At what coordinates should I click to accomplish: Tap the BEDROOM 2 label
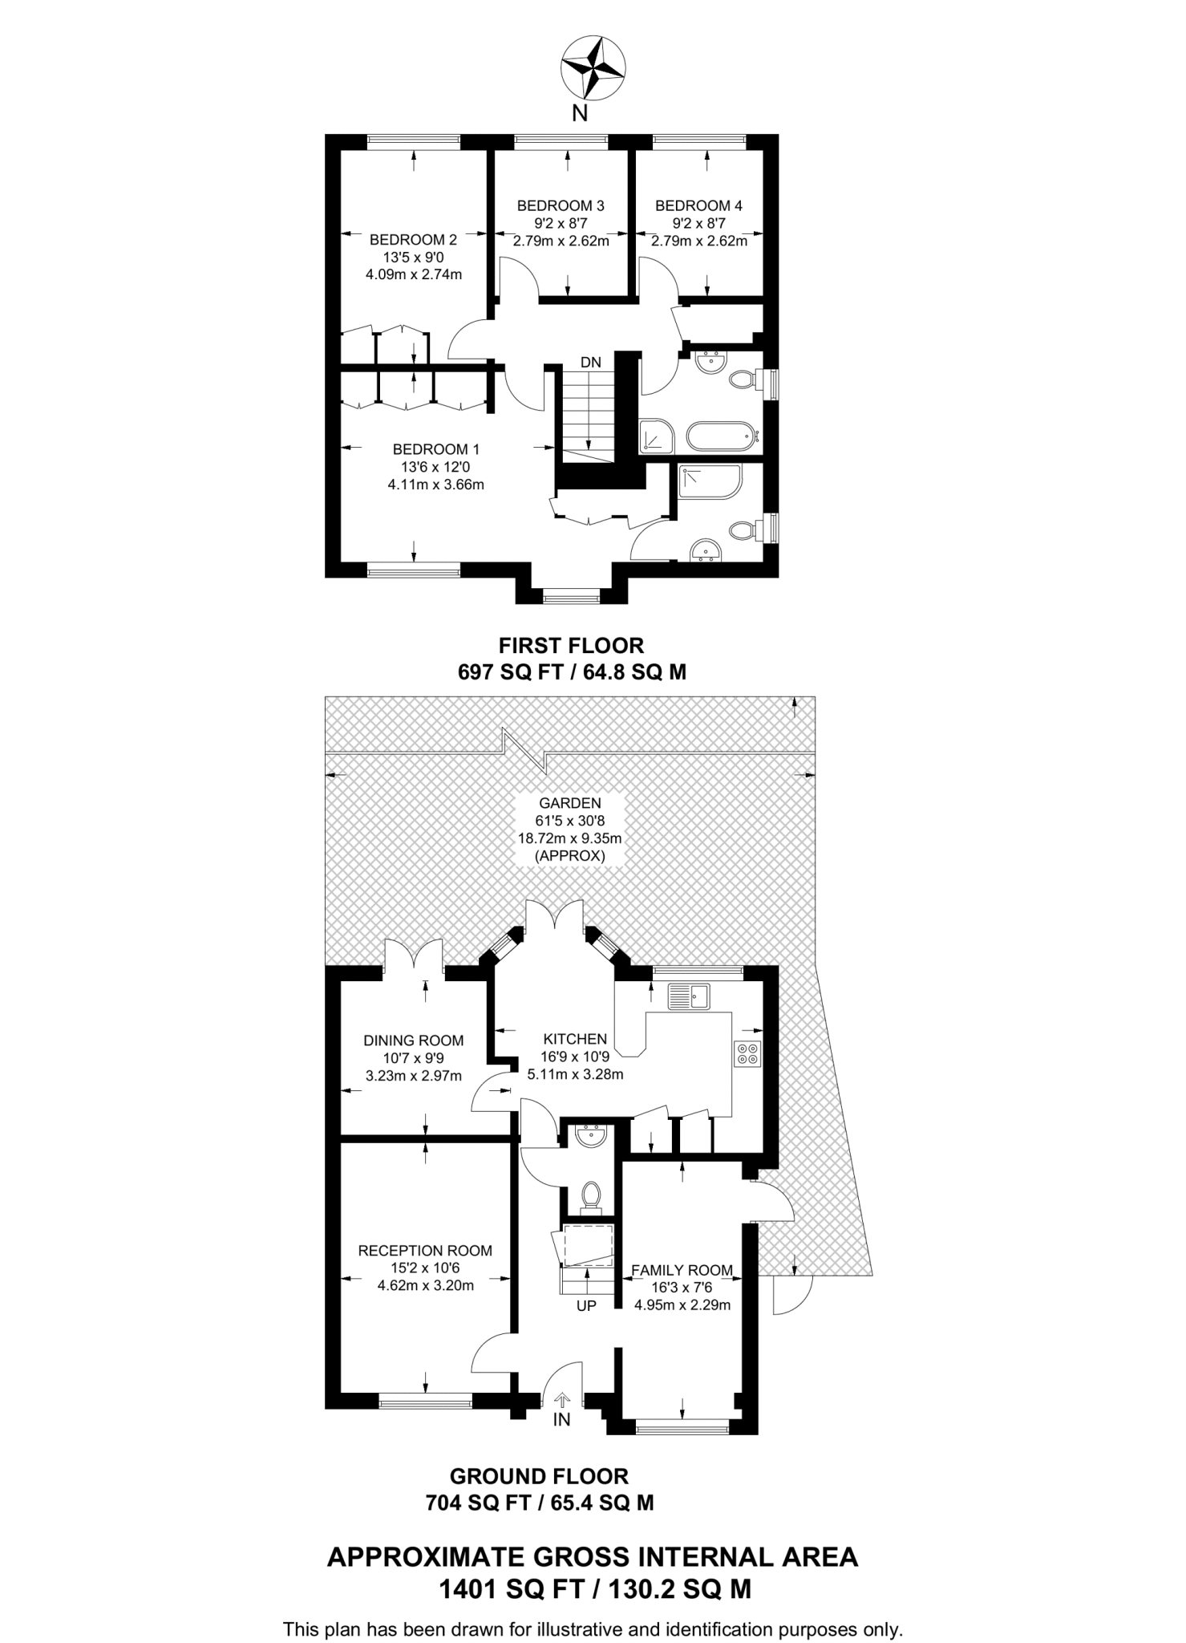(x=413, y=240)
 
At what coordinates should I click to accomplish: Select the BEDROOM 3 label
(x=561, y=205)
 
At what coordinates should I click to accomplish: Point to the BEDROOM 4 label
(x=698, y=205)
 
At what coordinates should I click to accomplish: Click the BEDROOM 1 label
(x=435, y=449)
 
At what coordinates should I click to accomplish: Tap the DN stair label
(x=591, y=362)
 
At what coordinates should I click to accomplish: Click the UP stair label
(x=587, y=1306)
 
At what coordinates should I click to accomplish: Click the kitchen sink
(x=689, y=996)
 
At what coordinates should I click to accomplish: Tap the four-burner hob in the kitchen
(x=748, y=1053)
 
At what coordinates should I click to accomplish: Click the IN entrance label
(x=562, y=1419)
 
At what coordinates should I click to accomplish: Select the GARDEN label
(x=570, y=803)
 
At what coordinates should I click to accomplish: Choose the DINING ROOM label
(x=414, y=1041)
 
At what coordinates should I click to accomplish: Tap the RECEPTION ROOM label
(x=425, y=1250)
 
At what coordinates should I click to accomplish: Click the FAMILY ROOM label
(x=682, y=1270)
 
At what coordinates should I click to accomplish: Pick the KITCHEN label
(x=575, y=1039)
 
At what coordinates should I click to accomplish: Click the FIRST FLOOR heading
(x=572, y=645)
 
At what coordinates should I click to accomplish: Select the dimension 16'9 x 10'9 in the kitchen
(x=575, y=1057)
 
